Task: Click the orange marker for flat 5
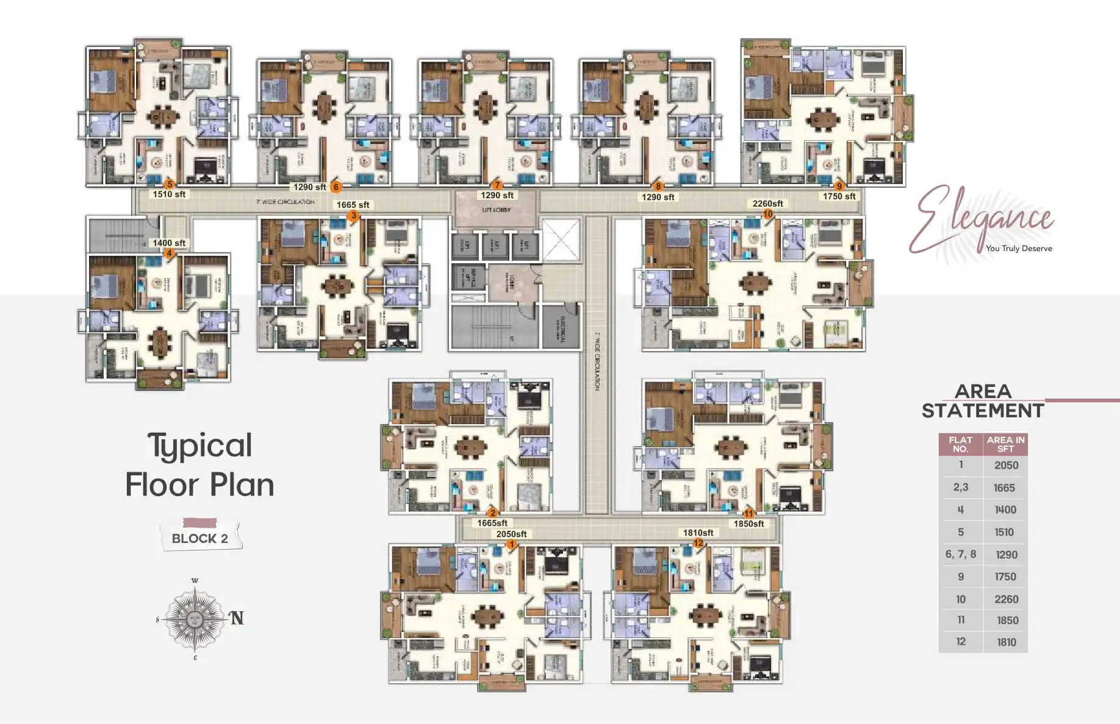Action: (x=170, y=184)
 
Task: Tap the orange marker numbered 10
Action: (x=768, y=214)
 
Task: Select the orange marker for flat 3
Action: (x=353, y=215)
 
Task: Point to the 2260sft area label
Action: (x=767, y=204)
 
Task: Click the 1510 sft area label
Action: (x=169, y=194)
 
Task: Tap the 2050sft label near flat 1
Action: (x=511, y=534)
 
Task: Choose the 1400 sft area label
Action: (x=169, y=243)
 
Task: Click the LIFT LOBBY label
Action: (x=497, y=210)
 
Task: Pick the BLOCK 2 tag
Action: (x=199, y=538)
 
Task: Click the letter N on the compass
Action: (x=237, y=618)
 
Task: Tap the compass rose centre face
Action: (x=195, y=619)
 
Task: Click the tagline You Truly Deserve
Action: (x=1019, y=249)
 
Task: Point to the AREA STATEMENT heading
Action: (x=983, y=401)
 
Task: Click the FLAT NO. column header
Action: (x=960, y=444)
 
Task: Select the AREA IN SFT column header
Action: (x=1005, y=444)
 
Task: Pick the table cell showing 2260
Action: (x=1006, y=599)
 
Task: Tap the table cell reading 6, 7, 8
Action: (x=960, y=554)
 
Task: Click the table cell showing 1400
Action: (x=1005, y=509)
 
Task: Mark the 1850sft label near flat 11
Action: (x=748, y=523)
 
